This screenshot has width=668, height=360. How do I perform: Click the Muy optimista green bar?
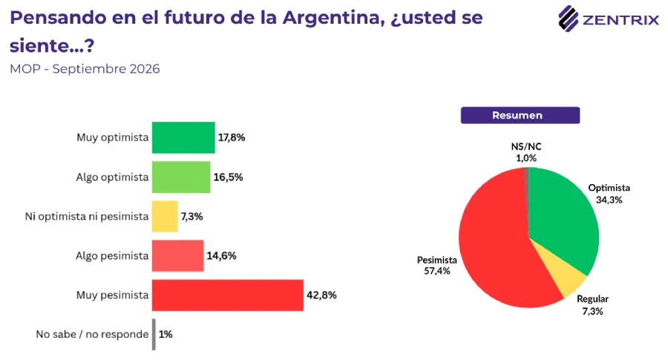(183, 137)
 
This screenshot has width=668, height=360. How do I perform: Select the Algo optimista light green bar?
(181, 177)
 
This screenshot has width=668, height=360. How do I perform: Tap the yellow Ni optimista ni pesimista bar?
(165, 217)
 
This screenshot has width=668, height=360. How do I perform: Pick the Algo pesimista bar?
(177, 255)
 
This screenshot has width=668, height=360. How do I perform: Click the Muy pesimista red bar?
(228, 295)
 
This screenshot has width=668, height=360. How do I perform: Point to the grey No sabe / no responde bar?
(154, 335)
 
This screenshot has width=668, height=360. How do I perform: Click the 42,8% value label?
(321, 295)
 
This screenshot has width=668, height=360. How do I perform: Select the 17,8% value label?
(232, 137)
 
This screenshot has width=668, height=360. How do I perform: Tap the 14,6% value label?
(221, 255)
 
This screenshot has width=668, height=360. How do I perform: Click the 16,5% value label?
(229, 177)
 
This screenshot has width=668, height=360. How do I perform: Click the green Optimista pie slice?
(563, 213)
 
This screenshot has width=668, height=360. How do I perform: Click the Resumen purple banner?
(520, 116)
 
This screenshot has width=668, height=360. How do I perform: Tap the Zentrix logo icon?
(569, 19)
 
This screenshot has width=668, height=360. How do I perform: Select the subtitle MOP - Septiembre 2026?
(85, 69)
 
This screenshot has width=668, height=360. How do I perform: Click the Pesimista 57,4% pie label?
(436, 266)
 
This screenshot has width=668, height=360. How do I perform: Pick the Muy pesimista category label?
(113, 295)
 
